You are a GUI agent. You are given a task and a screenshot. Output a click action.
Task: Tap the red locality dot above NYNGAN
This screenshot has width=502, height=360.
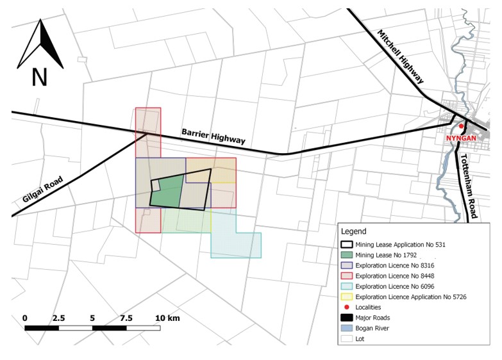coord(461,126)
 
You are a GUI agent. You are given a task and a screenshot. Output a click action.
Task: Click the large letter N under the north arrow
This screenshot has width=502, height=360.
coord(40,78)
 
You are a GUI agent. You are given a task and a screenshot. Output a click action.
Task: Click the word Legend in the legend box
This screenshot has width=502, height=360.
coord(354,231)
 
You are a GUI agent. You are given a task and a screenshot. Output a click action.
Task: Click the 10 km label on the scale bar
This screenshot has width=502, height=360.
coord(168,318)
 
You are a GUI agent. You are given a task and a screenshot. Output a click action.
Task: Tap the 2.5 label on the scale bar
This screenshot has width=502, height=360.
coord(58,318)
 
